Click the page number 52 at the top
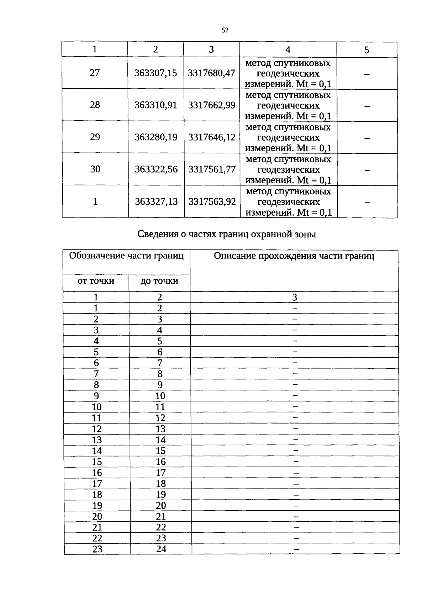[225, 30]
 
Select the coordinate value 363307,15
[155, 73]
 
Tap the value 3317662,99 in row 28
[212, 105]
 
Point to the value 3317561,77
[212, 169]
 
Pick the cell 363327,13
[156, 201]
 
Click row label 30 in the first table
[95, 169]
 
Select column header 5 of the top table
[367, 50]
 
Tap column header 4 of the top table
[288, 49]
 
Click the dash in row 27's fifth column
[367, 74]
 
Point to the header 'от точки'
[96, 281]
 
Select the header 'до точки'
[159, 281]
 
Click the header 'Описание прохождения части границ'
[294, 256]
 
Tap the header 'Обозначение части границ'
[126, 256]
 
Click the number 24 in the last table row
[161, 549]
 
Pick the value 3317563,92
[212, 201]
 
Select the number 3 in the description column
[294, 297]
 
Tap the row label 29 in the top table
[95, 137]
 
